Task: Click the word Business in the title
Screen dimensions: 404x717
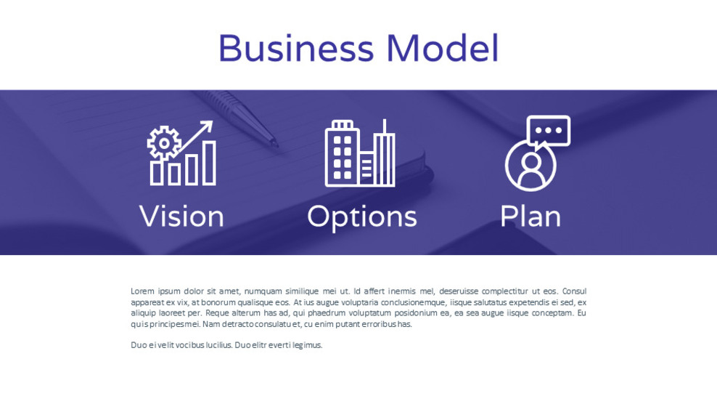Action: coord(295,49)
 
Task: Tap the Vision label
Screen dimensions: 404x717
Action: coord(181,217)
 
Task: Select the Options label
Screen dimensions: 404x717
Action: coord(361,217)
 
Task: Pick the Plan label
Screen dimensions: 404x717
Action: coord(530,217)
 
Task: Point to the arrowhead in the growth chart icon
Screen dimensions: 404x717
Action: coord(208,126)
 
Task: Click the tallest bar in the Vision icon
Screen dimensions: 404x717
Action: coord(209,163)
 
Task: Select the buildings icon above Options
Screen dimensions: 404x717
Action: coord(359,154)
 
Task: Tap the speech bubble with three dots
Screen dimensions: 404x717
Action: coord(549,132)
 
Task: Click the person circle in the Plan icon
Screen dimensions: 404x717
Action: coord(530,166)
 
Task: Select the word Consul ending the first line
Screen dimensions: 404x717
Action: coord(574,291)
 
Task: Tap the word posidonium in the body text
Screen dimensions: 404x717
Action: coord(416,313)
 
